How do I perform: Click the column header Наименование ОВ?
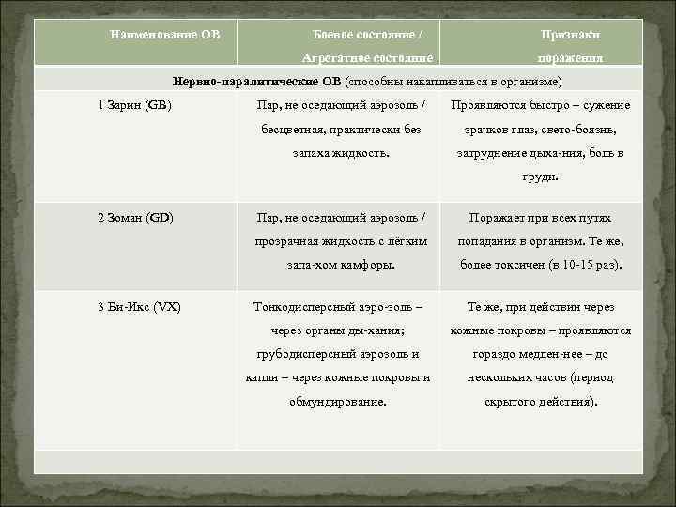[165, 35]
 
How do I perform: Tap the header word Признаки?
[571, 35]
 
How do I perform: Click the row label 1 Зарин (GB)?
[134, 105]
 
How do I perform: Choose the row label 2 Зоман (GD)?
[135, 218]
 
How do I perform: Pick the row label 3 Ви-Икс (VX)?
[139, 307]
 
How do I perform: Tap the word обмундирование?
[339, 402]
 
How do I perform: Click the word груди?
[540, 176]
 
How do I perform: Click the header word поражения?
[571, 58]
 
